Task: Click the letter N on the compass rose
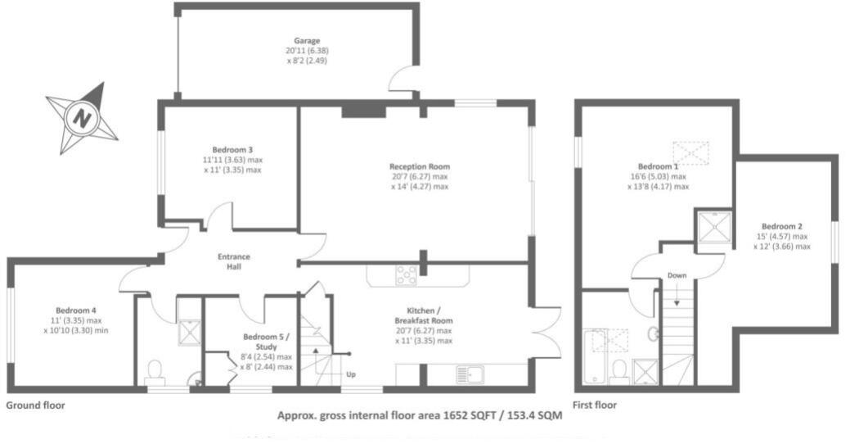[x=82, y=118]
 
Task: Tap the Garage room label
[x=308, y=40]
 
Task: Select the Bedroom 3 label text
[x=232, y=150]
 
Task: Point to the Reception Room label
[x=420, y=166]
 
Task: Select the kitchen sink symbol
[x=471, y=376]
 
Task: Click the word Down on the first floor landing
[x=677, y=275]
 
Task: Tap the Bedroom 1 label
[x=658, y=165]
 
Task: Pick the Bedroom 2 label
[x=781, y=226]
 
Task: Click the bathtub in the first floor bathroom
[x=595, y=356]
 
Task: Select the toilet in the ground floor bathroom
[x=153, y=374]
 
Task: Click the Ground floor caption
[x=35, y=405]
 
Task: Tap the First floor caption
[x=595, y=405]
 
